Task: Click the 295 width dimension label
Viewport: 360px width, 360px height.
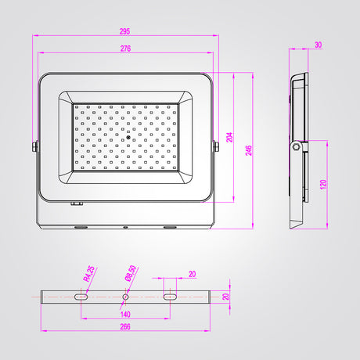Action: [x=124, y=31]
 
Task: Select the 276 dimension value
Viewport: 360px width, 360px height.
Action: [x=125, y=49]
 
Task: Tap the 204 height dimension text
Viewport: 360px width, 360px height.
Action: [x=229, y=137]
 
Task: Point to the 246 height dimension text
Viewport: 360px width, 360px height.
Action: [x=249, y=150]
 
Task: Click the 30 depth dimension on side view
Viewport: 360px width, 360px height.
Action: [x=318, y=45]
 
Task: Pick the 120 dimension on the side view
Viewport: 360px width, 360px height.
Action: [x=323, y=185]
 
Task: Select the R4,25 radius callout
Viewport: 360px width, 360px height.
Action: [x=89, y=274]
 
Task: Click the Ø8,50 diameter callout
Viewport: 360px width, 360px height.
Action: [x=131, y=273]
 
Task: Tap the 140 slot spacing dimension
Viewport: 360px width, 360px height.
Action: [x=125, y=315]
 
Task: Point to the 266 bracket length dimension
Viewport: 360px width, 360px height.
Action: [x=125, y=326]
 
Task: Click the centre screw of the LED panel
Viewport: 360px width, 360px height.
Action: [x=128, y=137]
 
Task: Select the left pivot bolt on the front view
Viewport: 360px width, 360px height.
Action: [x=35, y=146]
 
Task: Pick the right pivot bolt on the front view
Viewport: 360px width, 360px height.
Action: [x=216, y=146]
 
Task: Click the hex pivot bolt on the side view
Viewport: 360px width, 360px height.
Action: [x=296, y=146]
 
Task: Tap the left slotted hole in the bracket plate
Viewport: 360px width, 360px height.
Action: [x=81, y=297]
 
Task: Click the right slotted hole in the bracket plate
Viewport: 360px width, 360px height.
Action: [x=170, y=297]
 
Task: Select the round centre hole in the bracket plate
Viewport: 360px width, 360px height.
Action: [x=125, y=297]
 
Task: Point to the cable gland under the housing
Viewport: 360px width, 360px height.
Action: [x=77, y=203]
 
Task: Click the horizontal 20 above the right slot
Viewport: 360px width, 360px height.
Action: [x=193, y=274]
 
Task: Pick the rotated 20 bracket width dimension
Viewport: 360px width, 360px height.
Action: [x=226, y=297]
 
